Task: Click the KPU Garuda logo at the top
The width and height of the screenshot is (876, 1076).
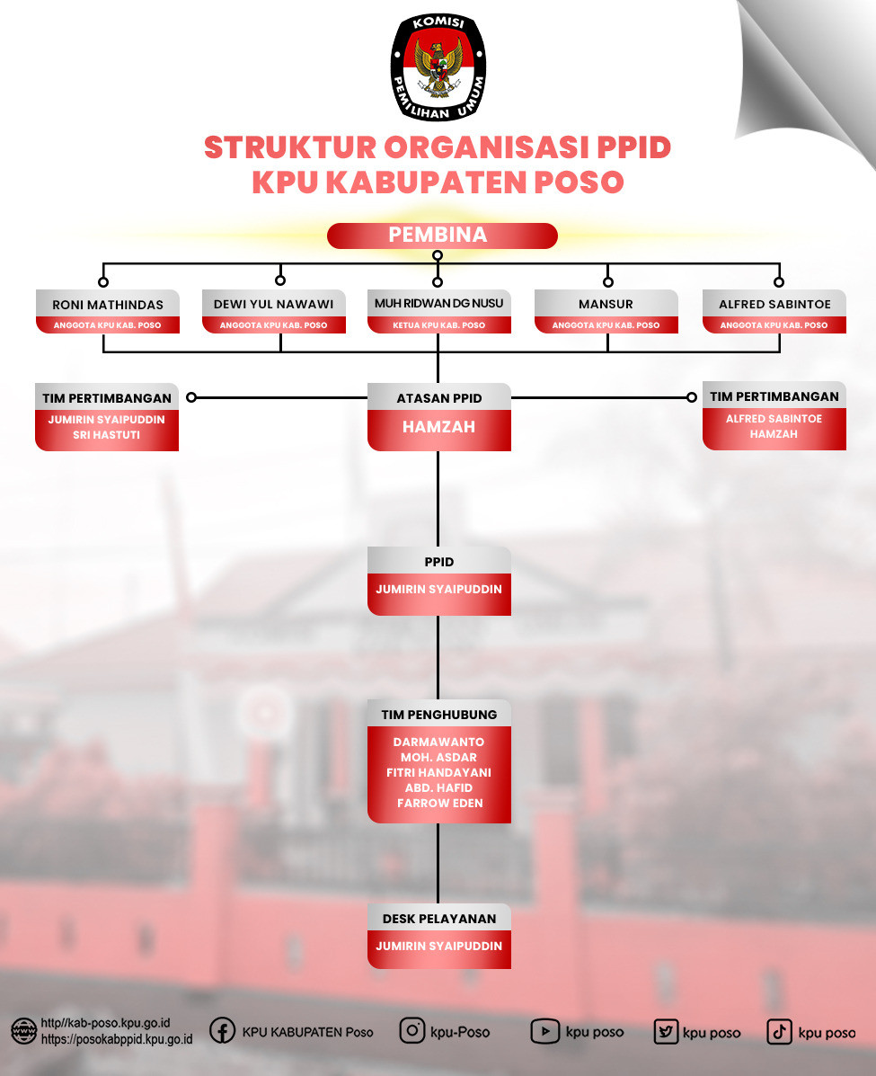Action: (438, 67)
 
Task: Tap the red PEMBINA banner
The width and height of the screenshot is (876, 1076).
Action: (442, 236)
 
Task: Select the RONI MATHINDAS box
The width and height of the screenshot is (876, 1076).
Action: (108, 312)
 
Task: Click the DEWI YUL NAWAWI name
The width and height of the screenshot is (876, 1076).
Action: (274, 304)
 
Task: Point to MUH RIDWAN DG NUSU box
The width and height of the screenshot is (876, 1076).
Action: (439, 312)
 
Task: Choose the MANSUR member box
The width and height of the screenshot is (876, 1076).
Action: (606, 312)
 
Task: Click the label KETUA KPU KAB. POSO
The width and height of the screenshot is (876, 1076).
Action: (439, 325)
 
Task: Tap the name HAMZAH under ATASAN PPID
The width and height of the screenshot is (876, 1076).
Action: (439, 427)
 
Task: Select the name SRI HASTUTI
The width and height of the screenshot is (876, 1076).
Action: (106, 435)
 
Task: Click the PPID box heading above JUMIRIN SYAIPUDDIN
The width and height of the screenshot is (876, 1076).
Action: (439, 562)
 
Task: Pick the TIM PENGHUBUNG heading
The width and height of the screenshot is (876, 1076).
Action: (439, 715)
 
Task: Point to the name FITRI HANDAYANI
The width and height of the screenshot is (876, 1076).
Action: (439, 773)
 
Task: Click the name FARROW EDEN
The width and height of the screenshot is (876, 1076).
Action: (439, 803)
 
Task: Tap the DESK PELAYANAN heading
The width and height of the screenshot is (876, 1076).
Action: (439, 919)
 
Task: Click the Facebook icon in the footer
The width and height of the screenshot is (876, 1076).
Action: (222, 1031)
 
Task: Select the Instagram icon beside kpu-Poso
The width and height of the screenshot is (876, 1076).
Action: (412, 1031)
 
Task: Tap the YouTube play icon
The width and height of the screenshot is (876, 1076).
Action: (544, 1031)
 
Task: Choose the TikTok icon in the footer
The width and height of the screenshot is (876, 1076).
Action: (779, 1031)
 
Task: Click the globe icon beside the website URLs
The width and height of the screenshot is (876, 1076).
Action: (24, 1031)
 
